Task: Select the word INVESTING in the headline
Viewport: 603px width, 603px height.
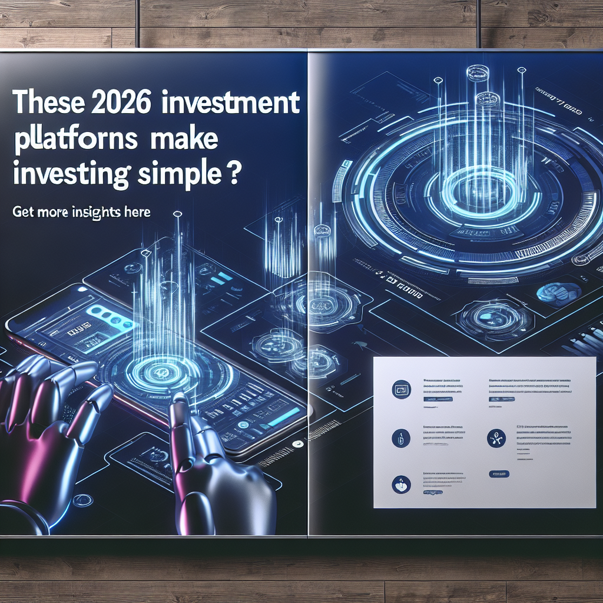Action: coord(70,175)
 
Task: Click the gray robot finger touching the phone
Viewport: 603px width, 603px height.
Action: coord(180,406)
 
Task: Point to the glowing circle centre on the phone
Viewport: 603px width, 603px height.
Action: coord(160,370)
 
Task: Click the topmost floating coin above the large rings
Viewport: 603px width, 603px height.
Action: coord(475,73)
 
